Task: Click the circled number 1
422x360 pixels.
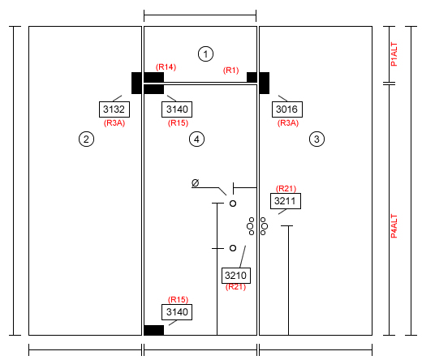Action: [205, 54]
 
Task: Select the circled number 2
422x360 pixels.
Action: [86, 139]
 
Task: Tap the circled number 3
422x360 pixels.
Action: [316, 139]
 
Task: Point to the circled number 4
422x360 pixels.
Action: [196, 139]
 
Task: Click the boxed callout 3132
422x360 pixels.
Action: [114, 109]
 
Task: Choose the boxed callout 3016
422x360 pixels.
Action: [287, 109]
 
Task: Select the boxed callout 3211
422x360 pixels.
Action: [286, 201]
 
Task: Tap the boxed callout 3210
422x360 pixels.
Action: [236, 276]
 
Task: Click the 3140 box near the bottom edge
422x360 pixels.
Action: [177, 312]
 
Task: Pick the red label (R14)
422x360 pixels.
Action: [166, 67]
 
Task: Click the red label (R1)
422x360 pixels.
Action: [231, 71]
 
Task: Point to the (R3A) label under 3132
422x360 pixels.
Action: [114, 123]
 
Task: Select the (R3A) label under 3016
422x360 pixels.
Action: [288, 123]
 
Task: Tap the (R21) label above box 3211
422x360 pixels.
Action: [286, 188]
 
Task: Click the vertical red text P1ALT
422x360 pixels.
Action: [394, 54]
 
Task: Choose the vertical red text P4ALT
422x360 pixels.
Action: [394, 226]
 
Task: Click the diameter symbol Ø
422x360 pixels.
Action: [196, 183]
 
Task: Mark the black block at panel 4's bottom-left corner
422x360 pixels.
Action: [153, 330]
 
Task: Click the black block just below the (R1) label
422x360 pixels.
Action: [252, 77]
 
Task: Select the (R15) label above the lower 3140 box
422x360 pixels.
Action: [178, 299]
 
